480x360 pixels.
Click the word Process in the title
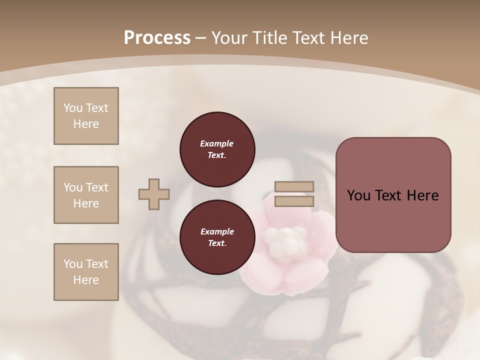[157, 38]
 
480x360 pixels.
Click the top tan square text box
[86, 116]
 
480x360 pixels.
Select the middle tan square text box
[86, 195]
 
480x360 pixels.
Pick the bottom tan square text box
[86, 272]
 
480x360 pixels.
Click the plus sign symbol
[154, 194]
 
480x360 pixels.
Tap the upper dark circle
[217, 149]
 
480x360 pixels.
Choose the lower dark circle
[217, 237]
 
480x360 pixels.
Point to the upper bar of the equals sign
[294, 186]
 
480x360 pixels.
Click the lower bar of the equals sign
[294, 201]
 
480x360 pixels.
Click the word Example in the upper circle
[217, 143]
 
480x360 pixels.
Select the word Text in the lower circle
[217, 243]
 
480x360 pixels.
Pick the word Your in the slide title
[230, 38]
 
